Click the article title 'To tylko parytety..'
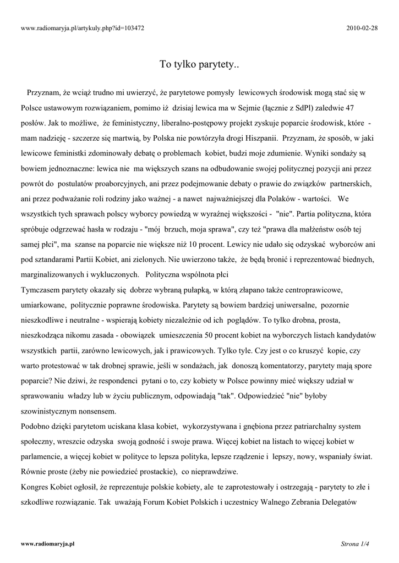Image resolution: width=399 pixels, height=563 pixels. [199, 65]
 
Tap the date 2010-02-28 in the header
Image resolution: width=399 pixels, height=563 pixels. [362, 27]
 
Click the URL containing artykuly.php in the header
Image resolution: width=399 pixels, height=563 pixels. [82, 27]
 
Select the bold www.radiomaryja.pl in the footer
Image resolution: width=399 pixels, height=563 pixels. [47, 543]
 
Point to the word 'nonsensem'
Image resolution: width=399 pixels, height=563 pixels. [105, 411]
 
